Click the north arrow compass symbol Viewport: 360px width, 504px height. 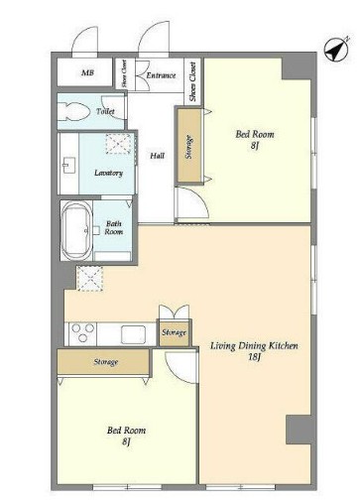pos(337,51)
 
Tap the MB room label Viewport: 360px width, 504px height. pos(87,72)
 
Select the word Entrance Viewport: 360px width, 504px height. pos(161,75)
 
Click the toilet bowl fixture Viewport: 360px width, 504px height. pos(73,111)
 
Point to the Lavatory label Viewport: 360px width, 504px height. pos(108,173)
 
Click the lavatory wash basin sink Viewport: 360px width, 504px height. pos(68,166)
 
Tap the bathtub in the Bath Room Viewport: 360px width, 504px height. pos(76,230)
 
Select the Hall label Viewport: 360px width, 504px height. pos(158,156)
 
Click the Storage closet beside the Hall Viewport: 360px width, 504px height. pos(189,146)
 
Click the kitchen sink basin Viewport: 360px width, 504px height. pos(133,334)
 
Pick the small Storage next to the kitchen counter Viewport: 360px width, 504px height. pos(174,332)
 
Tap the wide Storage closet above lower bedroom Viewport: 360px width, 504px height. pos(104,362)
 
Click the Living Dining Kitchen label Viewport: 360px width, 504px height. pos(254,346)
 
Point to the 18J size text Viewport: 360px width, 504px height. pos(255,357)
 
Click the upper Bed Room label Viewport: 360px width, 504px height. pos(255,134)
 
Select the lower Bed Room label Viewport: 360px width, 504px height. pos(126,431)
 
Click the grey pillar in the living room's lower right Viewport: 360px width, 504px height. pos(299,430)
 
